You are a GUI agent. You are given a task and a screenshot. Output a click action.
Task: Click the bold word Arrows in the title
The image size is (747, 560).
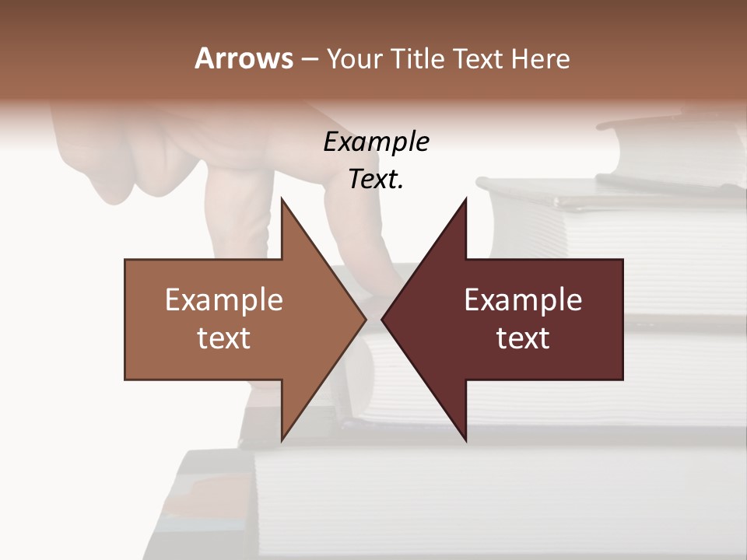coord(244,58)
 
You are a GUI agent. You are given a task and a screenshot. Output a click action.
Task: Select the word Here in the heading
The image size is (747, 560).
coord(541,59)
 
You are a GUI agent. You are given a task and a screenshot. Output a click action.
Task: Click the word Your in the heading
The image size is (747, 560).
coord(355,59)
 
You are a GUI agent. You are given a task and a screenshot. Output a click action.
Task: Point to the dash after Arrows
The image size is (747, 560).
coord(309,59)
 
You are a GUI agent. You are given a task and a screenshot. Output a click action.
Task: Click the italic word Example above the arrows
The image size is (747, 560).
coord(376,142)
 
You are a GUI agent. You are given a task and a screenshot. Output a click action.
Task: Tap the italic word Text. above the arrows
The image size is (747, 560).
coord(376,180)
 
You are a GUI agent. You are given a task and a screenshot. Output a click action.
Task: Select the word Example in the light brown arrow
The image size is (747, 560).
coord(224,300)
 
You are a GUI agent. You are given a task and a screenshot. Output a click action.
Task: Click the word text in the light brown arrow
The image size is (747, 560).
coord(224,338)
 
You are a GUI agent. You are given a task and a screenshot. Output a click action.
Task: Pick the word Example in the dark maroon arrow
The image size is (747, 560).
coord(523,300)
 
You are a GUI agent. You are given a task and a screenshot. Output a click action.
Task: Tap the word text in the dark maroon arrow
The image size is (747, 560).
coord(523,338)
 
